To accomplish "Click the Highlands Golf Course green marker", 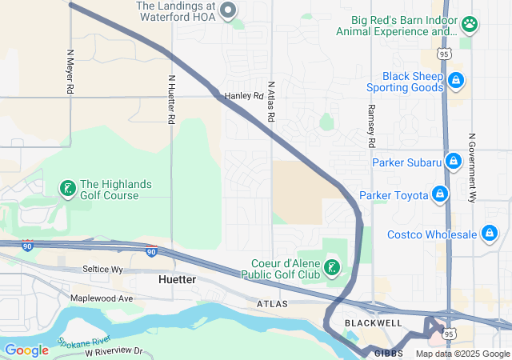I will point(69,189).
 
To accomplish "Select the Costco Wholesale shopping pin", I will point(490,234).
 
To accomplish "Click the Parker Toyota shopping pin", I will point(439,194).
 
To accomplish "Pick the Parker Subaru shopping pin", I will point(454,162).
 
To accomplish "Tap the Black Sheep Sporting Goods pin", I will point(455,80).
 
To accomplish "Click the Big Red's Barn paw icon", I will point(469,25).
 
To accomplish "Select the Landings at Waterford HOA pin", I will point(228,11).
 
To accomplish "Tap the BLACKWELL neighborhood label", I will point(373,322).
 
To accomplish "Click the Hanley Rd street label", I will point(244,96).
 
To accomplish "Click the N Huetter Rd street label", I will point(171,99).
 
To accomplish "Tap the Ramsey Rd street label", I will point(371,126).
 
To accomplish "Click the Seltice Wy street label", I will point(103,270).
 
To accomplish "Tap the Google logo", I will point(26,350).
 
